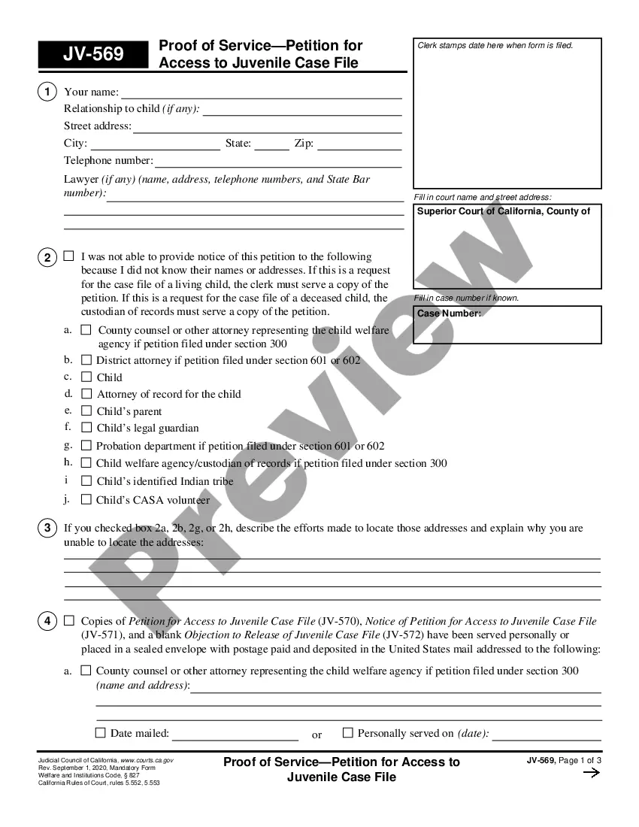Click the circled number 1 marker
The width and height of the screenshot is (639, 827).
pos(47,92)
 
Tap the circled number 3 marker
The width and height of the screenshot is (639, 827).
pos(47,528)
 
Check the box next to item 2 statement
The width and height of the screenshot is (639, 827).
pos(68,256)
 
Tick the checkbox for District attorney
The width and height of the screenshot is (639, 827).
pos(86,360)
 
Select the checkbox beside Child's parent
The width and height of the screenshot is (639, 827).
pos(86,411)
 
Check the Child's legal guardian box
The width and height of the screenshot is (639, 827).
pos(86,428)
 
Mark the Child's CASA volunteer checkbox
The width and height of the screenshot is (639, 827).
pos(86,499)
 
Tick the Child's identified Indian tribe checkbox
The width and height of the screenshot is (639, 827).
pos(86,481)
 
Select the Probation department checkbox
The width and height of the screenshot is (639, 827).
pos(86,446)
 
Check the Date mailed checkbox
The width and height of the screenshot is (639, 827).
pos(101,733)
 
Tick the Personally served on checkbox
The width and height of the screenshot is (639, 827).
pos(348,732)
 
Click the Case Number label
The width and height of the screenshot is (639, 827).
pos(449,314)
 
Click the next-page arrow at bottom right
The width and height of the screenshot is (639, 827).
pos(592,773)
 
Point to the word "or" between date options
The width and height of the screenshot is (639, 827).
pos(316,735)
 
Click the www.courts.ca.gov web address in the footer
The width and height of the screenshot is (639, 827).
pos(147,761)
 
